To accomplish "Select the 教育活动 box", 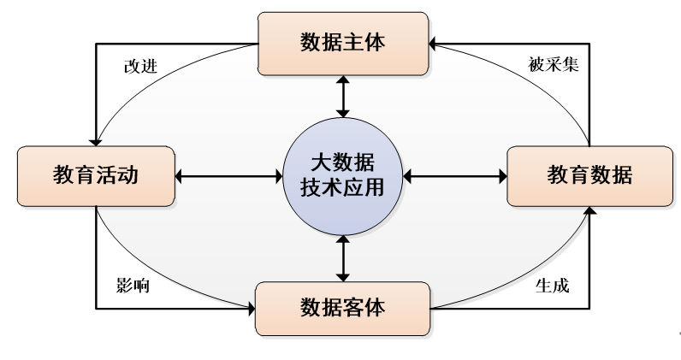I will tap(96, 176).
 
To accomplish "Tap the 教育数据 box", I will tap(590, 176).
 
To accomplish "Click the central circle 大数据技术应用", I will tap(342, 176).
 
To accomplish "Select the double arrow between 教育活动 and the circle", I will tap(228, 177).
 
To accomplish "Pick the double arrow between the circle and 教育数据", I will tap(455, 177).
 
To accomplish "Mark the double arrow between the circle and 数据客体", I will tap(343, 257).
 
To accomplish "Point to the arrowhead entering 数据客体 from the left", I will tap(251, 307).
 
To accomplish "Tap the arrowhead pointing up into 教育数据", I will tap(589, 211).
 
